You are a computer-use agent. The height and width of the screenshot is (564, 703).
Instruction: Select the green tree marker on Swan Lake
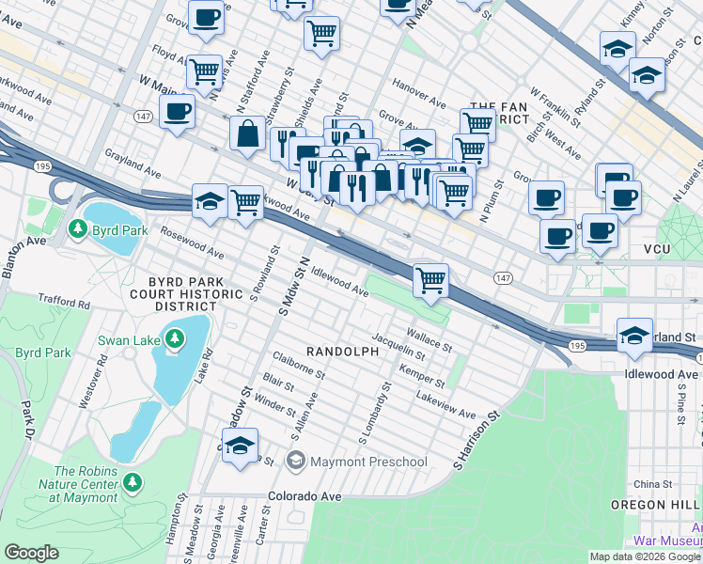tap(175, 337)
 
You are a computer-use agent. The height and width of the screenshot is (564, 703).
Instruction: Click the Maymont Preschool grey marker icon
tap(296, 461)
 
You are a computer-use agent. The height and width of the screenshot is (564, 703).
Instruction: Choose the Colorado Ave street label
tap(304, 495)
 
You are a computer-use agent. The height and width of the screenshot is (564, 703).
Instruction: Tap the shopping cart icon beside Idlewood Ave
tap(430, 279)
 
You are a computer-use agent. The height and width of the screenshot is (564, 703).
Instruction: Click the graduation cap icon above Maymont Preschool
tap(241, 445)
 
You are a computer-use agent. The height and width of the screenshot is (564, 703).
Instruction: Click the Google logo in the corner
tap(32, 553)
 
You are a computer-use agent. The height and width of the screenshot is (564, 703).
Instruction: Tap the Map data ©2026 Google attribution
tap(645, 556)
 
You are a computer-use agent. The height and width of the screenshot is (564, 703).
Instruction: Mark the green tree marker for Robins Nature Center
tap(133, 482)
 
